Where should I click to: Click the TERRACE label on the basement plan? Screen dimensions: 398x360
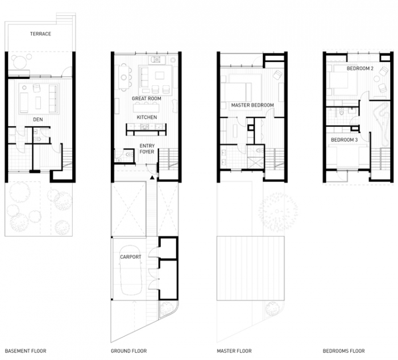[x=40, y=34]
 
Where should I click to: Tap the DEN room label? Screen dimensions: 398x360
[x=38, y=119]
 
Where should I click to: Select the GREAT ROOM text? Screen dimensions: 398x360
[x=147, y=98]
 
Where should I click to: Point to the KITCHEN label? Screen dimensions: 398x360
[x=147, y=117]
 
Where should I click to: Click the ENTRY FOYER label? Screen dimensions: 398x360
[x=147, y=149]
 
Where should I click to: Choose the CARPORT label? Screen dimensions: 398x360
[x=130, y=257]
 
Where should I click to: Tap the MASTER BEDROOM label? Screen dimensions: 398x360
[x=252, y=105]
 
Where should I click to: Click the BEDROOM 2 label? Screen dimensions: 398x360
[x=360, y=69]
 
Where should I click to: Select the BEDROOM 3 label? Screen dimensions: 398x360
[x=344, y=140]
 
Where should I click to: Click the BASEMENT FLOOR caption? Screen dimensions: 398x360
[x=26, y=351]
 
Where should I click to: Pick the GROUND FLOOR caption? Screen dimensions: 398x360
[x=128, y=351]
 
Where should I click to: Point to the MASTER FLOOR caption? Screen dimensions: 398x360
[x=234, y=351]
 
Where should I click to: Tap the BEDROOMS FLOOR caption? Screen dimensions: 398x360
[x=343, y=351]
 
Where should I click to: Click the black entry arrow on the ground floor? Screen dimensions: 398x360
[x=152, y=177]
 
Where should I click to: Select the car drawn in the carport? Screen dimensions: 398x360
[x=130, y=270]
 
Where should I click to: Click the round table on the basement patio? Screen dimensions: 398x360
[x=20, y=62]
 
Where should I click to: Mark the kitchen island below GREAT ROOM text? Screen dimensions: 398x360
[x=146, y=108]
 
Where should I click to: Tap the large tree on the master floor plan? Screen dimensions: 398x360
[x=278, y=212]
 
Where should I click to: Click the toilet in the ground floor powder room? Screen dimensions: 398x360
[x=128, y=154]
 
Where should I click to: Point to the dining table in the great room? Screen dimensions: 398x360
[x=123, y=77]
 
